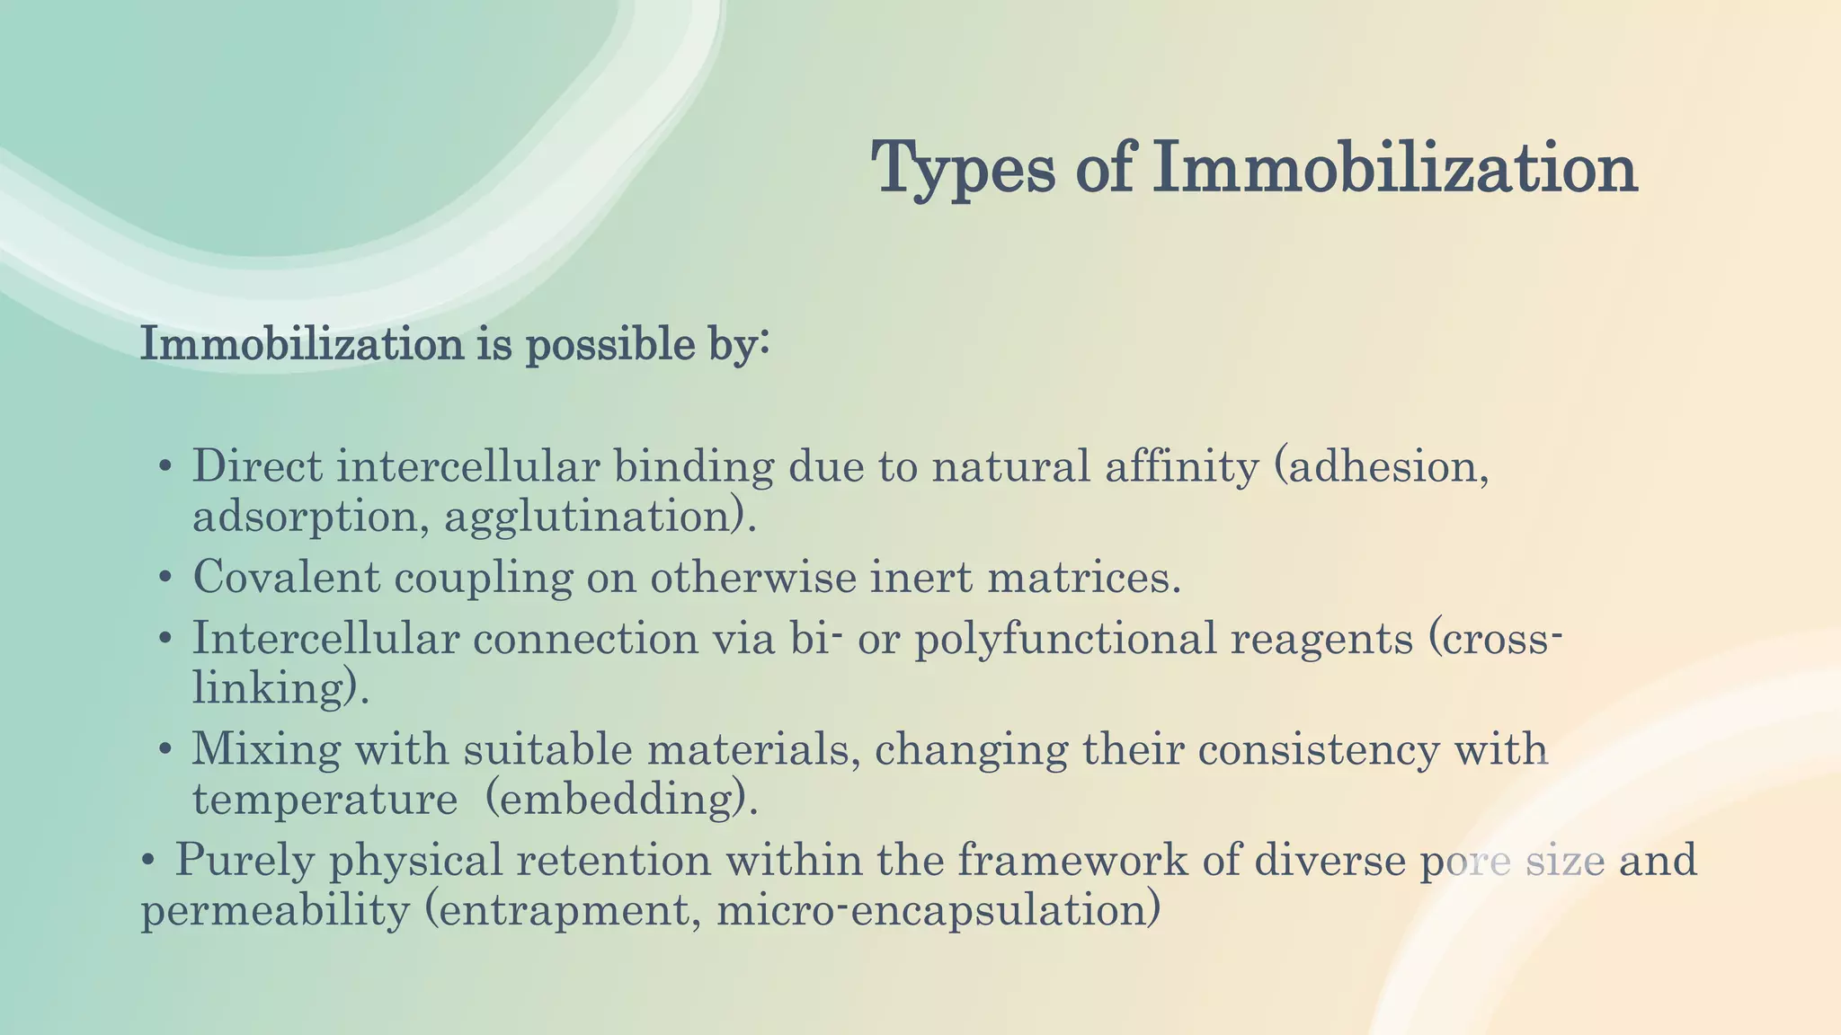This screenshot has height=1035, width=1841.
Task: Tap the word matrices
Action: pyautogui.click(x=1083, y=577)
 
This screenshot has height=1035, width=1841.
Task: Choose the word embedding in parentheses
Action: pyautogui.click(x=621, y=799)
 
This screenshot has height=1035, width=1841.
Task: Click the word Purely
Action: pyautogui.click(x=245, y=860)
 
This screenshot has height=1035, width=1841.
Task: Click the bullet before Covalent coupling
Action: pyautogui.click(x=165, y=579)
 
